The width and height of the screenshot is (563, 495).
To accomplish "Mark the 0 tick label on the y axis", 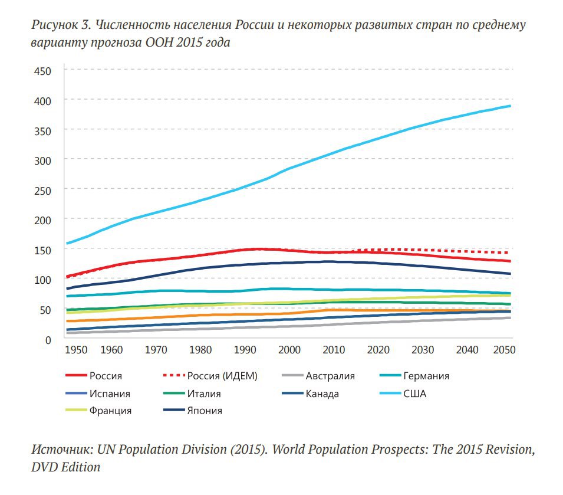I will coord(48,339).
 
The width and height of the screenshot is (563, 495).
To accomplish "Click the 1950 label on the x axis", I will coord(77,350).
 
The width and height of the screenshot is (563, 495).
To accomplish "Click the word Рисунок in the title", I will coord(54,27).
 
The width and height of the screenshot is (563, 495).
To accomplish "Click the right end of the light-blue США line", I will coord(510,106).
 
